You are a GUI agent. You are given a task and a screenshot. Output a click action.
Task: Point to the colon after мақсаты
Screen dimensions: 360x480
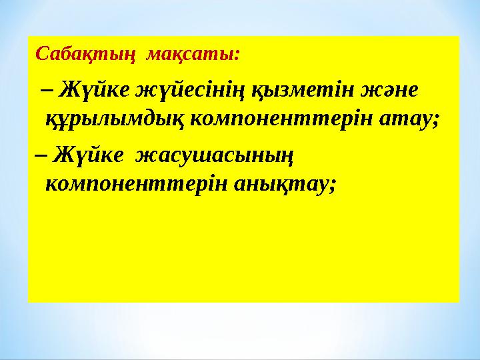click(x=238, y=55)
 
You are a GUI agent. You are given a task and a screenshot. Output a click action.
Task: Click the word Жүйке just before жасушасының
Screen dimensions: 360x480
click(x=90, y=155)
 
